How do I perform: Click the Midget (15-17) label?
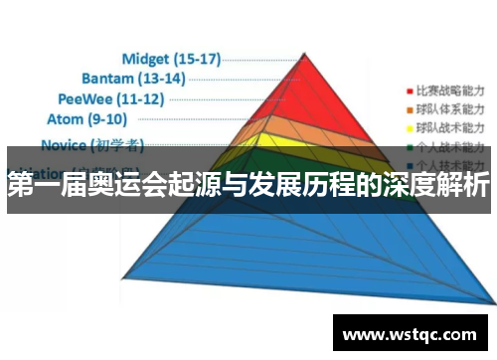(x=171, y=59)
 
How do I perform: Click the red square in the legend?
(x=410, y=88)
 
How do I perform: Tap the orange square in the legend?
(x=410, y=108)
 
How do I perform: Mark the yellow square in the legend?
(x=410, y=128)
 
